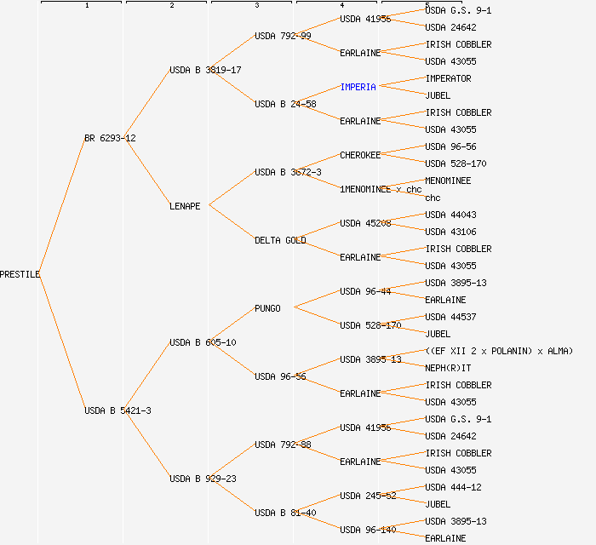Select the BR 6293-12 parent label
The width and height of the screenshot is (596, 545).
[110, 138]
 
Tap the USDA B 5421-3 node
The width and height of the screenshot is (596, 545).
[117, 410]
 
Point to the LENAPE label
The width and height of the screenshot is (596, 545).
[185, 206]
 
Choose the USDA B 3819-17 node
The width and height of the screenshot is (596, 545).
[205, 70]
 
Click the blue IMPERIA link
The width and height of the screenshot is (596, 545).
[358, 87]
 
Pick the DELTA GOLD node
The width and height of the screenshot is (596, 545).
[280, 240]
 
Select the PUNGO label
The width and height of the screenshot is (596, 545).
[267, 308]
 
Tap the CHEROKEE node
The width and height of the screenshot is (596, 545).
[360, 155]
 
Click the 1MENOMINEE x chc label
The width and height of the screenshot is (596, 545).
[381, 189]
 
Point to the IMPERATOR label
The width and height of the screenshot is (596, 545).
[448, 78]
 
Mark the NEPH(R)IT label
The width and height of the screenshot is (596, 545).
[448, 368]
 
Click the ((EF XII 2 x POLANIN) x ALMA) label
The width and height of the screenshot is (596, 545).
[499, 351]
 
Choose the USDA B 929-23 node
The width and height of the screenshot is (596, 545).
[203, 479]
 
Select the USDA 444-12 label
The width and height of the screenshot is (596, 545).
[453, 487]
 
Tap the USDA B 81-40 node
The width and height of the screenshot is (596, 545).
[285, 513]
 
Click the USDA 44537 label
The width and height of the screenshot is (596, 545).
[450, 317]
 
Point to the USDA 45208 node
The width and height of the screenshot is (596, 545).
[365, 223]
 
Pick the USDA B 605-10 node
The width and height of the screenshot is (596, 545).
[203, 342]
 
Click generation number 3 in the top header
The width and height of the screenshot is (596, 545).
[256, 6]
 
